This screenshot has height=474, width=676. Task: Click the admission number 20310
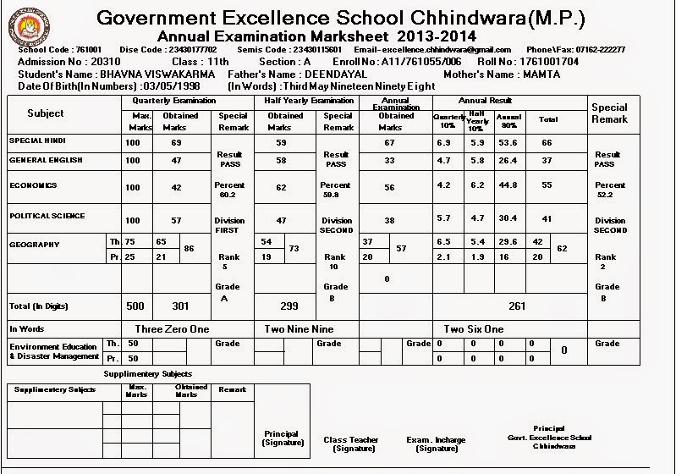102,63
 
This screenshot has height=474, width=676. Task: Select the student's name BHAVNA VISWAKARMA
153,74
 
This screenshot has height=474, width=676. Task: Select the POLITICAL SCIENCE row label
47,216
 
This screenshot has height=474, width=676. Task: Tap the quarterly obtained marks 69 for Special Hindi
176,143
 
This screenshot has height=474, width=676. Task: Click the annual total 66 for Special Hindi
547,143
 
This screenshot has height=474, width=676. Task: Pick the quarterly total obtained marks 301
176,306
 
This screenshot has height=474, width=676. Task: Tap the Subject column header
45,113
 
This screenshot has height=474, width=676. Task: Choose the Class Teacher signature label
351,444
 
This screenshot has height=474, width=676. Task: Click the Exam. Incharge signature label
436,444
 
